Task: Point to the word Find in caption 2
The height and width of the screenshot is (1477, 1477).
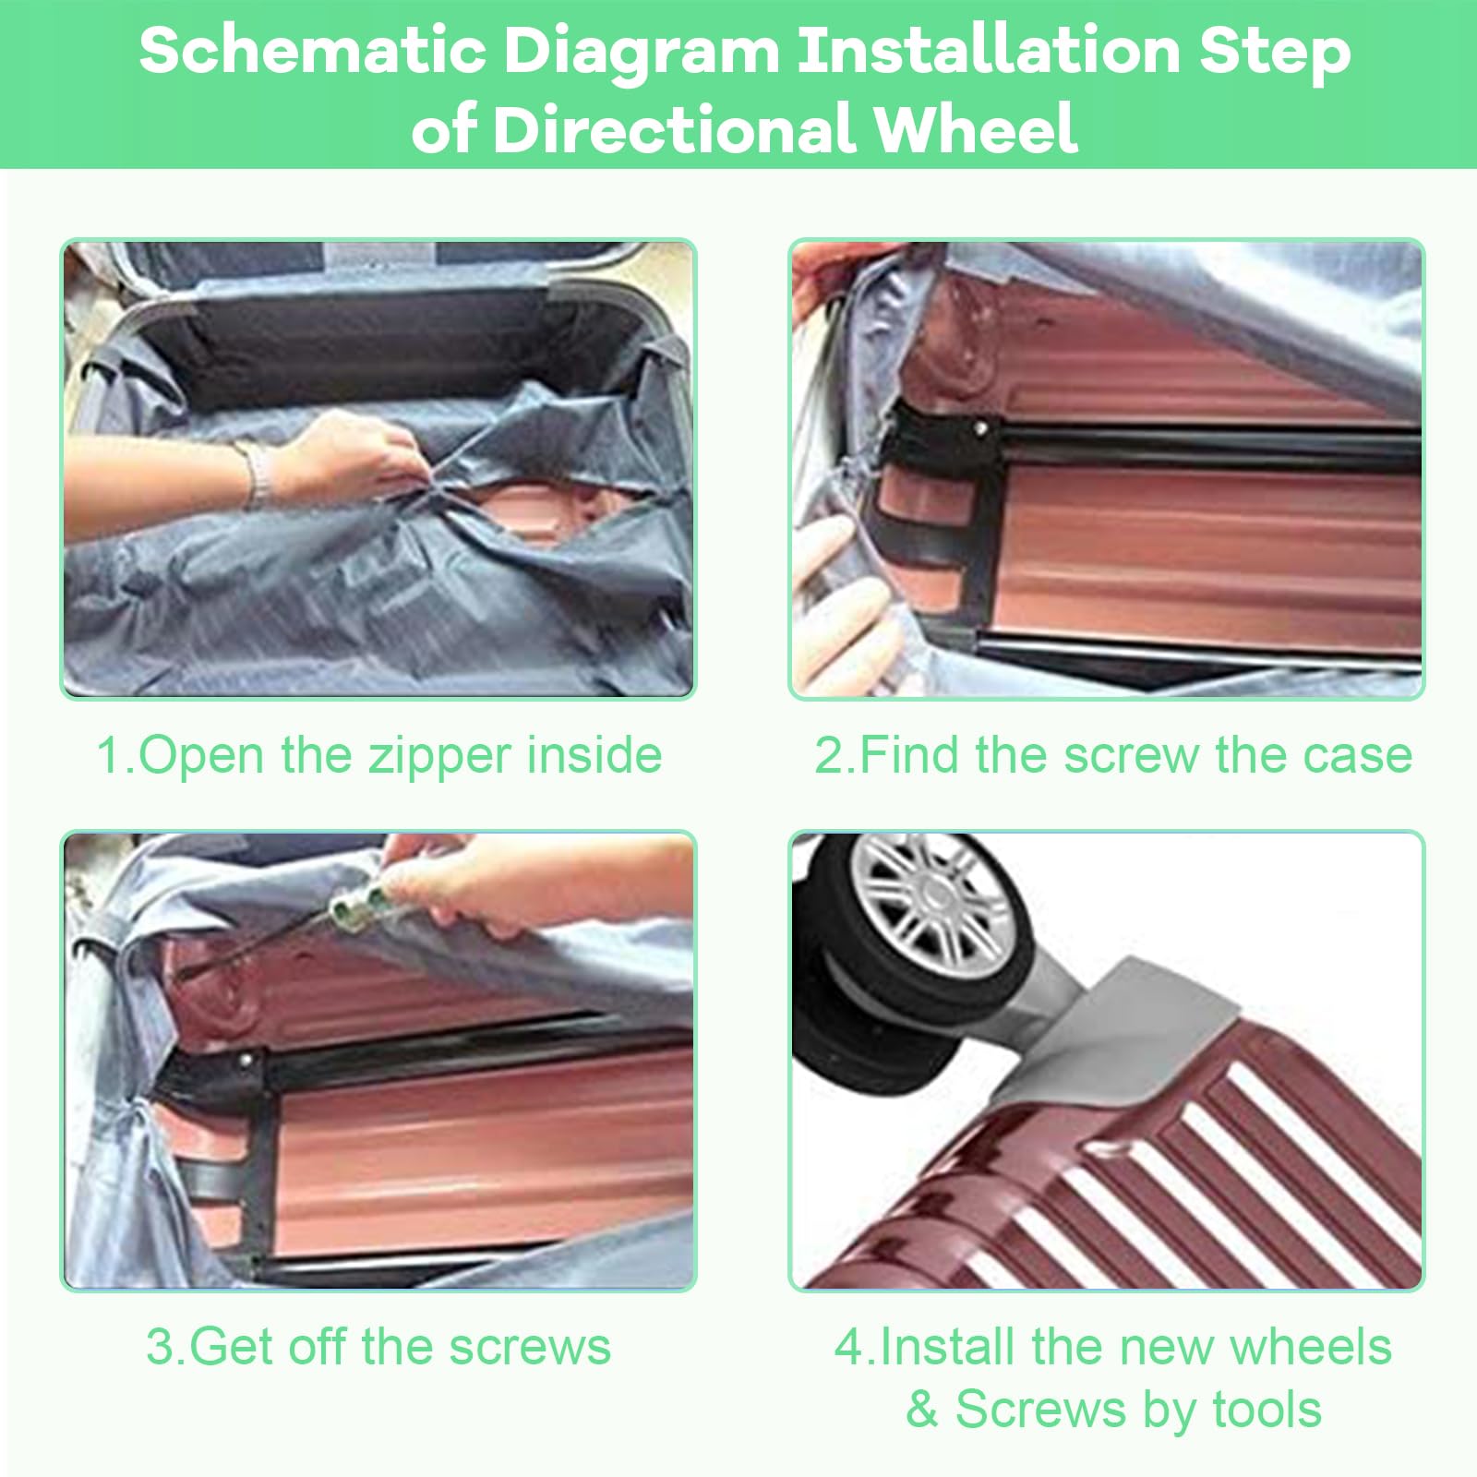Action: point(908,755)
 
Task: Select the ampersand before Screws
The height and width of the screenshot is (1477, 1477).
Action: point(922,1410)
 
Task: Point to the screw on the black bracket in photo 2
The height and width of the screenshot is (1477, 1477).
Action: point(980,428)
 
